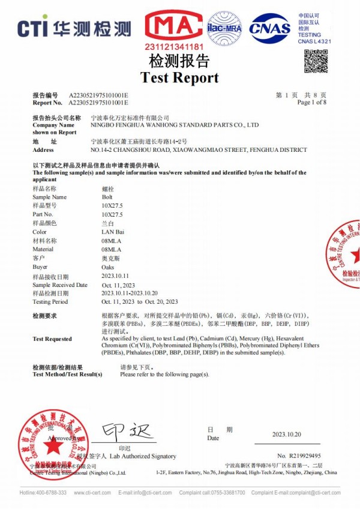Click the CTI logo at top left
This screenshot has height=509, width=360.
74,28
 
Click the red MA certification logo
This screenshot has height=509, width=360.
174,26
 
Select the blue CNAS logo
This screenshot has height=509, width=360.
269,28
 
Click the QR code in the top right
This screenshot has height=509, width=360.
315,61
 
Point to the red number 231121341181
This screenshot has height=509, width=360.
174,46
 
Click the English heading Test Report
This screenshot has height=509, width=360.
179,77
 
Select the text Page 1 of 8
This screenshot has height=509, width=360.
311,103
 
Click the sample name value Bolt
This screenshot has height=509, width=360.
108,197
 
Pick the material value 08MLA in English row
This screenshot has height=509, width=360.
112,249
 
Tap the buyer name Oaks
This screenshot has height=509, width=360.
108,267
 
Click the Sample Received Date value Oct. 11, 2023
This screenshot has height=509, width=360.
121,285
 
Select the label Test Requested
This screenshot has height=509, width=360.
52,339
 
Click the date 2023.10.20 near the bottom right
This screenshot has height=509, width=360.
286,434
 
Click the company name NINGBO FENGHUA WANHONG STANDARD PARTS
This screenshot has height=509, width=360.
174,125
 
